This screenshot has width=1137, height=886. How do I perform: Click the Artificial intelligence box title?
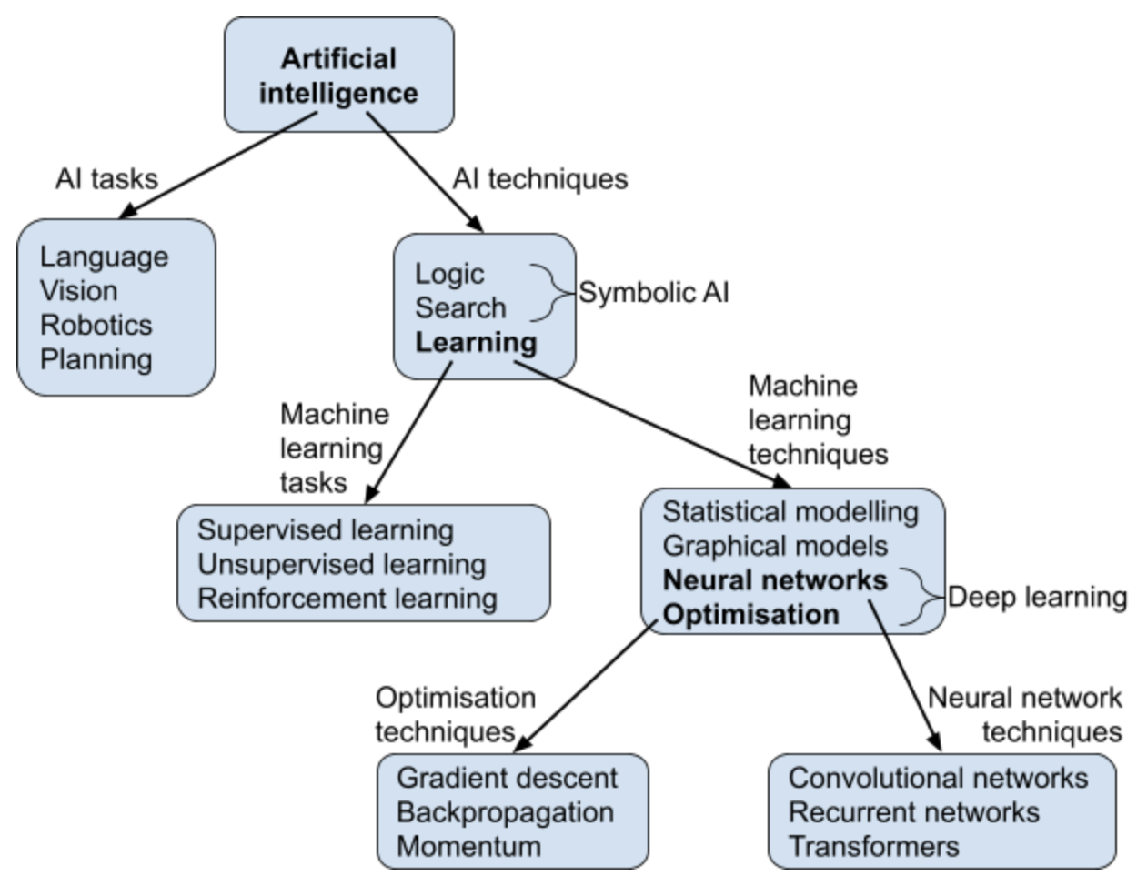click(338, 76)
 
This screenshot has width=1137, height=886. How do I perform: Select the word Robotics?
click(96, 325)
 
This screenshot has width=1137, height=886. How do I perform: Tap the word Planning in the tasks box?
click(96, 360)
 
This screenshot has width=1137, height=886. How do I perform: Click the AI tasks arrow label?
click(106, 179)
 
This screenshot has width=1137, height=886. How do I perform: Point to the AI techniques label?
click(540, 179)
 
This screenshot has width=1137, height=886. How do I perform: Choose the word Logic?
click(449, 275)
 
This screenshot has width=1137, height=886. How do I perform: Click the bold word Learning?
click(476, 343)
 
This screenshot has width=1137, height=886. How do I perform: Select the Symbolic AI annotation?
click(654, 292)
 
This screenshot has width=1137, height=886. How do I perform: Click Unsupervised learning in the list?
click(342, 564)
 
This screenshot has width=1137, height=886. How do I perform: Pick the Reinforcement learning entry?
click(347, 599)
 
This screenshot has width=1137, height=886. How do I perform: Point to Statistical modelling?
click(790, 512)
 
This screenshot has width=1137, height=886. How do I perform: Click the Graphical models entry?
click(776, 546)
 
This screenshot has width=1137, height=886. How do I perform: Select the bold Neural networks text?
click(775, 580)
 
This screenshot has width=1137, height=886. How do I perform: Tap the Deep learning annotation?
click(1038, 598)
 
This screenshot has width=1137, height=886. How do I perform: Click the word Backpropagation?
click(506, 813)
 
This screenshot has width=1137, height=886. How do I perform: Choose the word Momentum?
click(468, 847)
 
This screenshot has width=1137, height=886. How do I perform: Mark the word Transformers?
click(874, 847)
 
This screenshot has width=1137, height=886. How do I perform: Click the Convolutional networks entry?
click(938, 779)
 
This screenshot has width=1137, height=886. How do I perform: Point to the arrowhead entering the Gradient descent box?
click(523, 744)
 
